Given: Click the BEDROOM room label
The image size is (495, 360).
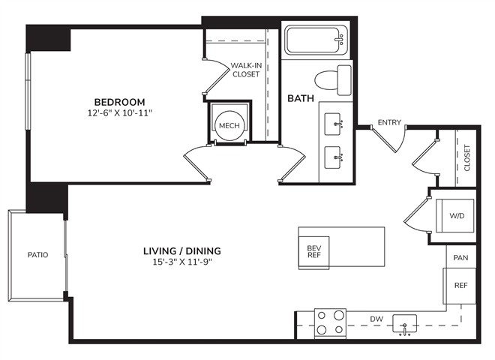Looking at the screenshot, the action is click(x=120, y=102).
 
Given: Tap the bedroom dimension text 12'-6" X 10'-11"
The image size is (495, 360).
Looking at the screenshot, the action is click(x=120, y=112).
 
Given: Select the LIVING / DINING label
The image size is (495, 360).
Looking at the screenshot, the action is click(x=182, y=251).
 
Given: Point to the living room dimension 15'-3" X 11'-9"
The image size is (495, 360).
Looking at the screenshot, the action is click(x=182, y=262).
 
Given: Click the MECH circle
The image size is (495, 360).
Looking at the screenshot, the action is click(x=229, y=125).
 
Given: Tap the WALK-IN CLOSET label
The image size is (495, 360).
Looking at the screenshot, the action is click(x=246, y=70).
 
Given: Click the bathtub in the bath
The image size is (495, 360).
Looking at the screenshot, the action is click(x=316, y=40).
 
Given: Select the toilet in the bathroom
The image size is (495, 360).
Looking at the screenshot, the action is click(x=333, y=80).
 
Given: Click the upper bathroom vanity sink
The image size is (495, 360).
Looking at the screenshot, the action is click(x=333, y=124).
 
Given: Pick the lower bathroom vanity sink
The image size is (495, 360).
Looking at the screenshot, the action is click(x=333, y=157).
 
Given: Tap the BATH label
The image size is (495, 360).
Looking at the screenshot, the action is click(x=301, y=98).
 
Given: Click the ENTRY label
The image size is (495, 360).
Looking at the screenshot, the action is click(x=389, y=122).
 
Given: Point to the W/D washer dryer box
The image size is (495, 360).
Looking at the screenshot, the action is click(x=455, y=216).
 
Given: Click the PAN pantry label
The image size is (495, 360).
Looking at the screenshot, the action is click(x=460, y=258).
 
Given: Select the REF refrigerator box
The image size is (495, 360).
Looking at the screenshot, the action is click(x=459, y=286).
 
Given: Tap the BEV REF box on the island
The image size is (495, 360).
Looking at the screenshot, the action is click(x=314, y=253).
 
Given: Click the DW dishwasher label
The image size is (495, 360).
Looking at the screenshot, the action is click(x=376, y=319).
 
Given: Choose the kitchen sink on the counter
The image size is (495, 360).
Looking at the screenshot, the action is click(x=404, y=324).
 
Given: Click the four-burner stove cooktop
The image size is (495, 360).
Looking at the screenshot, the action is click(x=330, y=322).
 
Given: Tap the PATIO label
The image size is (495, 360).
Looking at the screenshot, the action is click(x=38, y=254).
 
